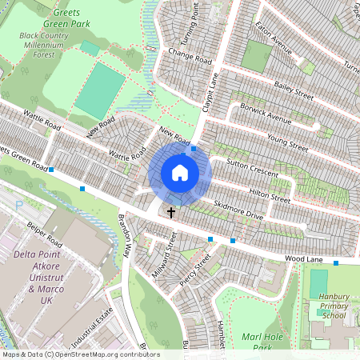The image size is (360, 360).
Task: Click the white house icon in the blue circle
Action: coord(180,172)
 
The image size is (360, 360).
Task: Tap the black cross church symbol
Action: coord(170,212)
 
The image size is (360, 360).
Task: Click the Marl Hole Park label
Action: coord(263,342)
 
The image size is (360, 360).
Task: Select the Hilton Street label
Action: coord(269,193)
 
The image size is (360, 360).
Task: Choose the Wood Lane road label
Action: coord(302,259)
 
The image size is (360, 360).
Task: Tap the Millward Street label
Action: coord(163,255)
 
